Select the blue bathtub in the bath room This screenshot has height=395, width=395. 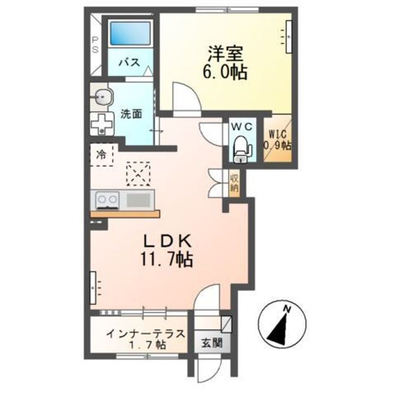(x=130, y=34)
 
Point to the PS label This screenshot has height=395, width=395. (x=95, y=43)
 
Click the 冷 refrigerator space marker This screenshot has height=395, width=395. (x=101, y=154)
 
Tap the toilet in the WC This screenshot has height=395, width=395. (x=241, y=147)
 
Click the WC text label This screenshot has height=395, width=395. (x=242, y=126)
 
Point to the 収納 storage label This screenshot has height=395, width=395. (x=234, y=183)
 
